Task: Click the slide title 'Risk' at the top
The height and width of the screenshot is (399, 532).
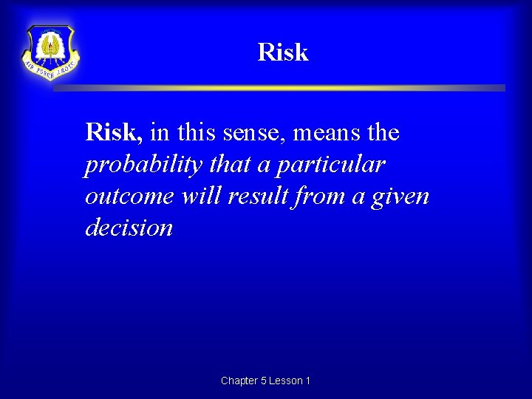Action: coord(283,52)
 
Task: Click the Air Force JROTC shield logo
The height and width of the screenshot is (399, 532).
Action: coord(50,52)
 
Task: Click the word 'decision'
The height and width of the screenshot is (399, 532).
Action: coord(129,228)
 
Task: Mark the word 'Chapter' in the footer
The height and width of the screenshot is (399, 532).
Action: coord(239,381)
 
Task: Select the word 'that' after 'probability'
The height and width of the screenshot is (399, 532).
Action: coord(230,165)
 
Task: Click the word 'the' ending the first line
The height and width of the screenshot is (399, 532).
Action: coord(383,134)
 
